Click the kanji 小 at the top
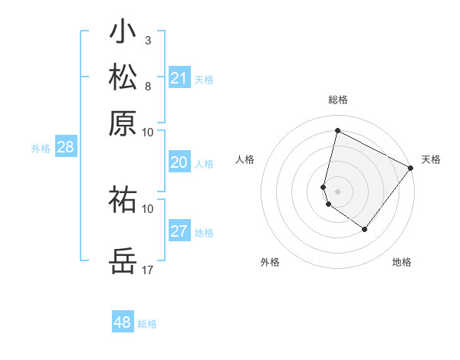tap(123, 33)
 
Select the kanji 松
tap(123, 78)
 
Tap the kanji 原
tap(123, 123)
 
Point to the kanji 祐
tap(123, 200)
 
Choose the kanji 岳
tap(123, 261)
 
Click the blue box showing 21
tap(179, 78)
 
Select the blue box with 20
tap(179, 162)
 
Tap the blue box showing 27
tap(179, 231)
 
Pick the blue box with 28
tap(66, 148)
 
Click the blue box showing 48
tap(123, 322)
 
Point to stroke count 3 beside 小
tap(147, 39)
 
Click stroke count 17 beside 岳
tap(148, 270)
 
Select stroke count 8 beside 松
tap(147, 85)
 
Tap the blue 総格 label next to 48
tap(147, 324)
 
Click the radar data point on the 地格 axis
tap(365, 229)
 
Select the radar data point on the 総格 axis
tap(337, 131)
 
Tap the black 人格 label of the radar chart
tap(245, 159)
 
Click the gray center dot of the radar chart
tap(337, 191)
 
